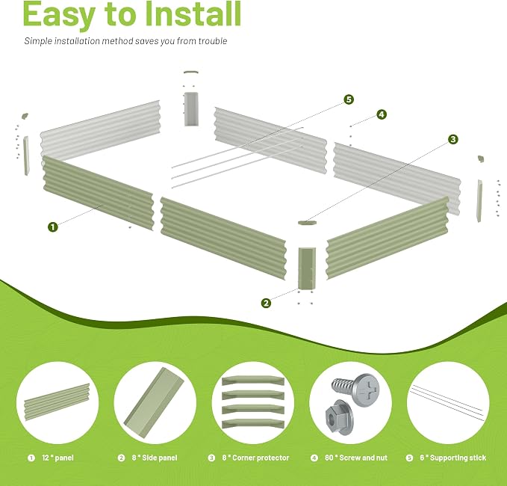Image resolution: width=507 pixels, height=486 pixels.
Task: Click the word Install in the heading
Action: click(193, 13)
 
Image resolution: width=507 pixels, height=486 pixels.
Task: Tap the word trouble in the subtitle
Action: click(213, 41)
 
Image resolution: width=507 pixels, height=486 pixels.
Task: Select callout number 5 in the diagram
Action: click(349, 99)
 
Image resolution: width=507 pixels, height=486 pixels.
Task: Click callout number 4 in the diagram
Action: click(382, 114)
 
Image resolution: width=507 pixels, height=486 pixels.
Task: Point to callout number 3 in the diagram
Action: click(453, 139)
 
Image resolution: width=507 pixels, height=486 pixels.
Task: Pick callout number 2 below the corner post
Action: click(266, 303)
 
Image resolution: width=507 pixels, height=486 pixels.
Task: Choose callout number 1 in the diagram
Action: click(53, 227)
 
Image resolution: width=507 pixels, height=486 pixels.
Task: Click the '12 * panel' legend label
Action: click(58, 458)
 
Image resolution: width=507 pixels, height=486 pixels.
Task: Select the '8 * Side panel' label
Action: click(155, 458)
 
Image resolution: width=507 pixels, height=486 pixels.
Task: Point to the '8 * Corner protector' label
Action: click(255, 458)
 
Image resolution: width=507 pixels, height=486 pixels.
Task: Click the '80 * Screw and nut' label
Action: click(356, 458)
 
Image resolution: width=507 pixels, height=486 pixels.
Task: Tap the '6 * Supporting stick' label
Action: click(453, 458)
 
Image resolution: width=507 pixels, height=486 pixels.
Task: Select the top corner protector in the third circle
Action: click(253, 381)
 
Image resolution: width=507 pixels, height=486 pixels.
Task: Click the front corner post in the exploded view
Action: click(307, 268)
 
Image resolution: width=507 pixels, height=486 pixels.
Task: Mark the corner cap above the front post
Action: click(307, 223)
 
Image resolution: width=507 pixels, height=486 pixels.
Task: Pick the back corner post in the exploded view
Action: click(191, 109)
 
